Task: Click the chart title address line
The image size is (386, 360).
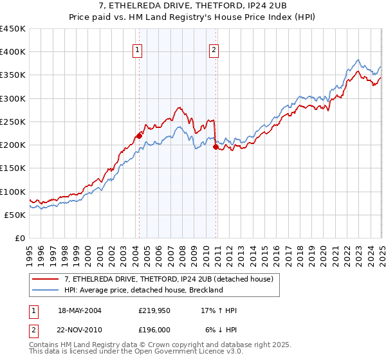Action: pyautogui.click(x=193, y=6)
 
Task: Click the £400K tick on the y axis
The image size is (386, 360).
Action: pyautogui.click(x=13, y=52)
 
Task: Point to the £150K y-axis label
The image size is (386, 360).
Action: pyautogui.click(x=13, y=168)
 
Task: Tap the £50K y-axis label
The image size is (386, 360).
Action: pyautogui.click(x=15, y=215)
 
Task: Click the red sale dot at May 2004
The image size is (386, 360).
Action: pyautogui.click(x=139, y=135)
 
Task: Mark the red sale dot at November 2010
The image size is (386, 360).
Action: pyautogui.click(x=216, y=147)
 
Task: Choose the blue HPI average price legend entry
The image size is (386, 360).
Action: pyautogui.click(x=143, y=290)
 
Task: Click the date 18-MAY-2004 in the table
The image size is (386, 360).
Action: pyautogui.click(x=80, y=310)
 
